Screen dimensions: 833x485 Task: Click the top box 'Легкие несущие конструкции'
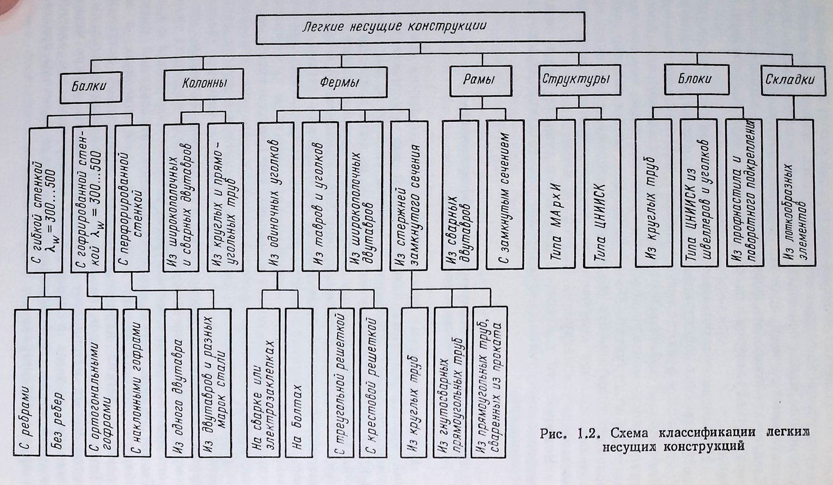pos(420,28)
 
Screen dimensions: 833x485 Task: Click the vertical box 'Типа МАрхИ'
pos(557,194)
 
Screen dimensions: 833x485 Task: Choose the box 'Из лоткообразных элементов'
pos(795,193)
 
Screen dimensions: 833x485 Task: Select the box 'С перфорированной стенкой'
pos(132,198)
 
